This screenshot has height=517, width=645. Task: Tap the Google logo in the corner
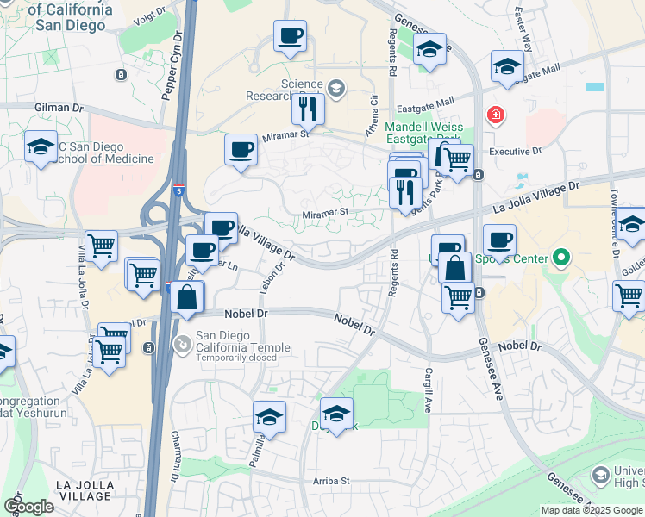[x=28, y=507]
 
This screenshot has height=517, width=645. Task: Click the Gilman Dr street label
[x=59, y=109]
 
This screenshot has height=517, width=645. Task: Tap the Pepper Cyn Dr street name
[x=173, y=67]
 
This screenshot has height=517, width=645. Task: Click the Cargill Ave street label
[x=428, y=388]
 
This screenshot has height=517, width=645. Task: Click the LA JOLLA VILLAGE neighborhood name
[x=85, y=490]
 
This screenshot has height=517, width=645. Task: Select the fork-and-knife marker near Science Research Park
[x=306, y=108]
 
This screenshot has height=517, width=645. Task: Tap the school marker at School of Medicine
[x=40, y=146]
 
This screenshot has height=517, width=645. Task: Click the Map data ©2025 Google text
[x=592, y=510]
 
